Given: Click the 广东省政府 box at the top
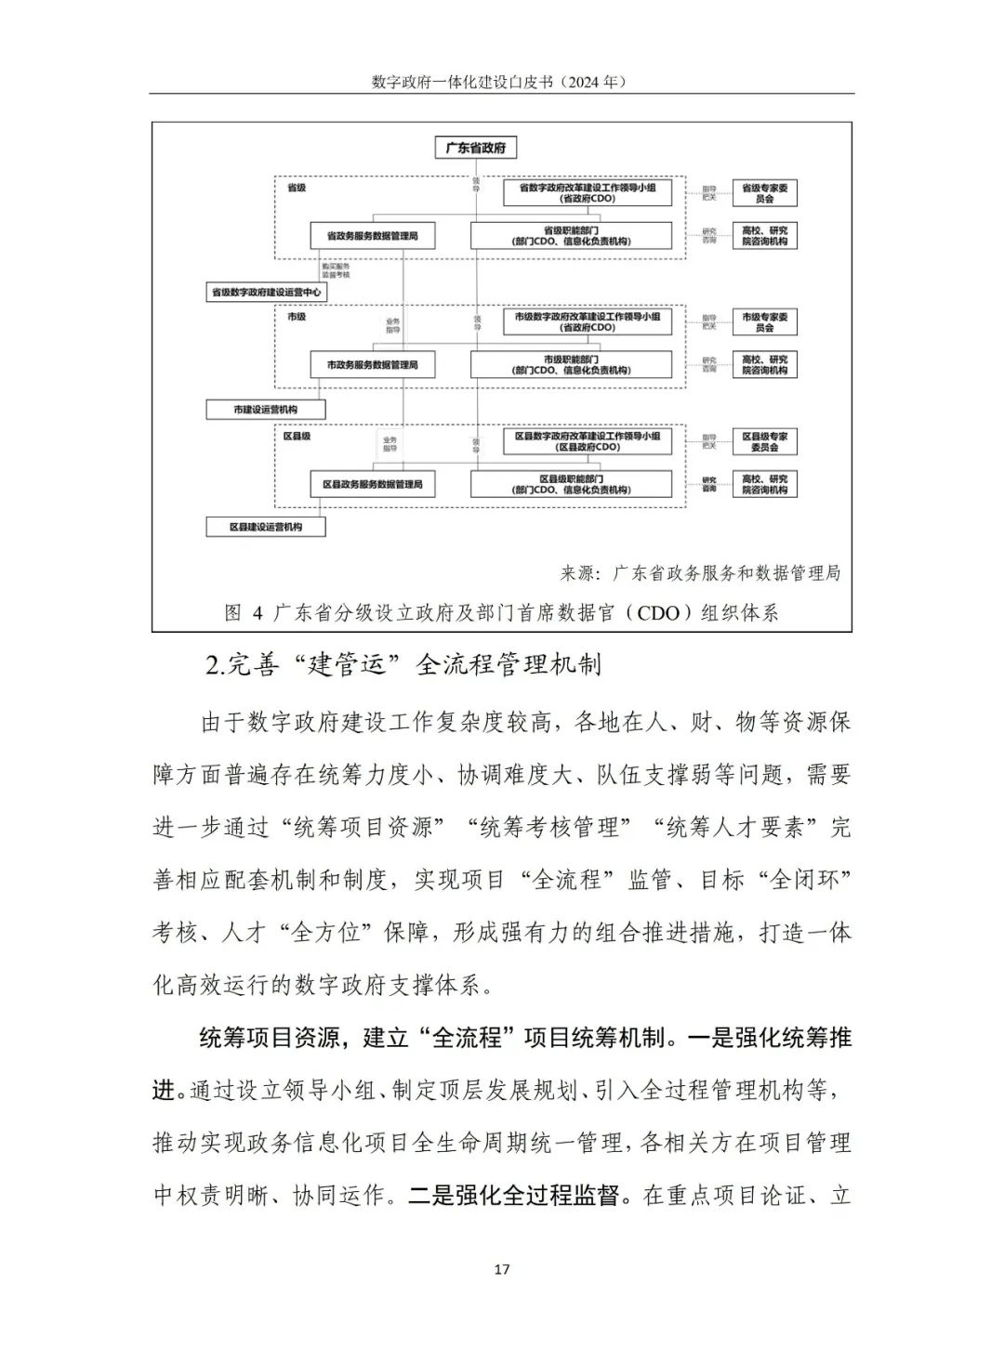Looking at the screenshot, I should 476,149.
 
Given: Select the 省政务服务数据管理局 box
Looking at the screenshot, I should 372,236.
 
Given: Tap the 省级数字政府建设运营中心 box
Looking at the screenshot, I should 267,293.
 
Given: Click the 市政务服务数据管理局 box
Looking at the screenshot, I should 372,365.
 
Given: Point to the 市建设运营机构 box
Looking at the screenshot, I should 266,410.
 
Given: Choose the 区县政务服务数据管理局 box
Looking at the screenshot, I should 372,484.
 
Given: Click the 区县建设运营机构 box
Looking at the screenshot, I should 266,527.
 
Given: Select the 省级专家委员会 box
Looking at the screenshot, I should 764,193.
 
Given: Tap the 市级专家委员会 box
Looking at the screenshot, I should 764,322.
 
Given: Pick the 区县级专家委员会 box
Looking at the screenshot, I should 764,441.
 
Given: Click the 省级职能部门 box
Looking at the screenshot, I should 570,236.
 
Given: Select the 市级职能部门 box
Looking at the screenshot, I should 570,365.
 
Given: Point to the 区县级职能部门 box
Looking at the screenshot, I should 570,484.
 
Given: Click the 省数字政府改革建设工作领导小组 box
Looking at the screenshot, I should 587,193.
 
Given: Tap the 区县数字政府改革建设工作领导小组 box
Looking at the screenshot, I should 587,441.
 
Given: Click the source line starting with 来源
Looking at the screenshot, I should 700,573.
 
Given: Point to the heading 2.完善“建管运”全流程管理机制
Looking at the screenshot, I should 403,665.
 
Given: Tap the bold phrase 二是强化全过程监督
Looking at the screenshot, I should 514,1196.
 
